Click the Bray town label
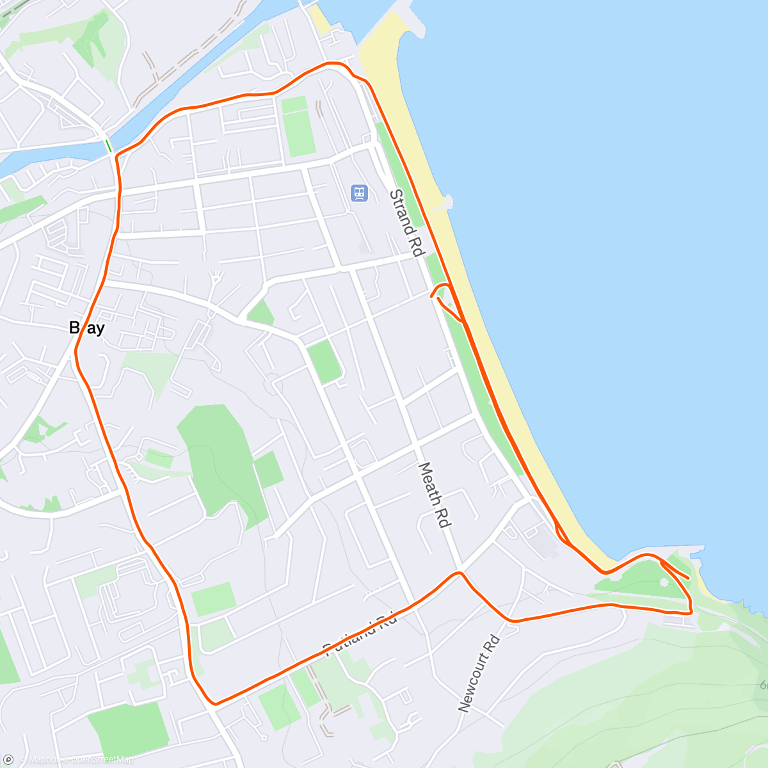(86, 328)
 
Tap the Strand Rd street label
(407, 223)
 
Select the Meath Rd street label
(435, 495)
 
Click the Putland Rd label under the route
(360, 634)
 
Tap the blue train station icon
(359, 192)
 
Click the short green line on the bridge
(108, 145)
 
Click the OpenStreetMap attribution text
(102, 760)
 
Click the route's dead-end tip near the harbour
(688, 578)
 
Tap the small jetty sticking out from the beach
(446, 203)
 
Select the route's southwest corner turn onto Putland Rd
(213, 703)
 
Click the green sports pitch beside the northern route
(298, 126)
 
